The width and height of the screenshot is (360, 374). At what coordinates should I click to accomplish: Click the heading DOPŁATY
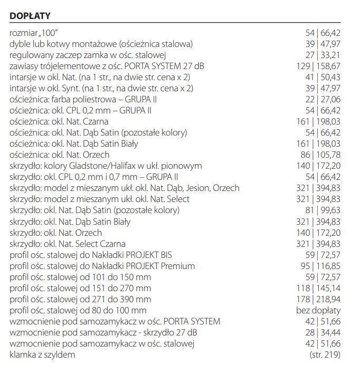coord(30,16)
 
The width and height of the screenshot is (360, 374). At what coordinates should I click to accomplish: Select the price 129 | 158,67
coord(318,66)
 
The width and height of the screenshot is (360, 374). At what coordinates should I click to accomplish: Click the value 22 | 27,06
coord(323,99)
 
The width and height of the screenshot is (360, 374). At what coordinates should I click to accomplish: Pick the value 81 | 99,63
coord(323,210)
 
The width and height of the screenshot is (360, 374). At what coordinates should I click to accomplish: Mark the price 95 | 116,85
coord(320,266)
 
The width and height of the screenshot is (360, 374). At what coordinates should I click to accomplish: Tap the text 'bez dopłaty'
coord(318,310)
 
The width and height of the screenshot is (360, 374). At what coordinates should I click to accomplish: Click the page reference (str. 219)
coord(325,354)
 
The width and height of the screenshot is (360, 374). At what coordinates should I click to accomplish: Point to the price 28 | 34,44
coord(323,332)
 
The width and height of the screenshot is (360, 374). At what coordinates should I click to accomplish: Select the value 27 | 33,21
coord(323,55)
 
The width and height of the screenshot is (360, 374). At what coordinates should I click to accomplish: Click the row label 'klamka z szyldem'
coord(42,354)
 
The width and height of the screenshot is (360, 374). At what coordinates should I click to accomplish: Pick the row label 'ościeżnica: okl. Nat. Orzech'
coord(60,155)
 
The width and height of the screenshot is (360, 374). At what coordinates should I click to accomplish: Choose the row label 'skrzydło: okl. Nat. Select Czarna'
coord(68,244)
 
